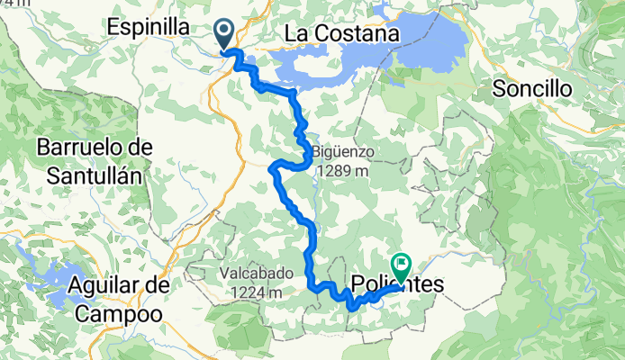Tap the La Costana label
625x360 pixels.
pos(341,33)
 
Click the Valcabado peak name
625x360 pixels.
pos(256,274)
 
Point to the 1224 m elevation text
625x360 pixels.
pos(256,292)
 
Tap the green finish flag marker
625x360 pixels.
pos(400,266)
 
